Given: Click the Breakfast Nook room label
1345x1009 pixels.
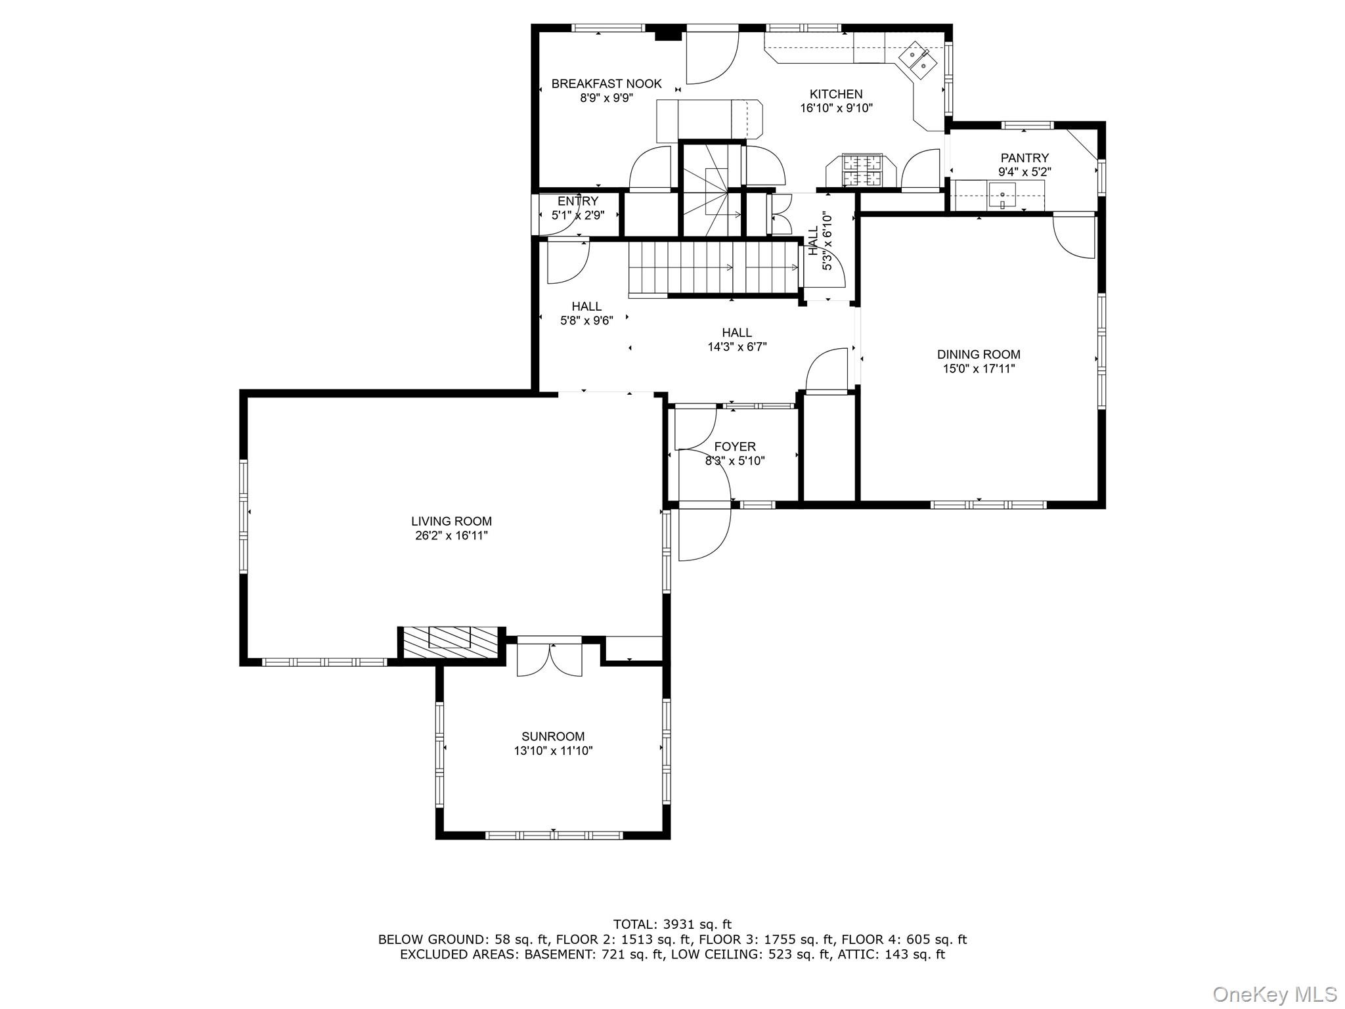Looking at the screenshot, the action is click(606, 84).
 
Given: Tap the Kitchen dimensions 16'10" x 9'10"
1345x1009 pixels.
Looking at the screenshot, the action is click(836, 108).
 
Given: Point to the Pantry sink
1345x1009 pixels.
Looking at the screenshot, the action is click(1002, 196).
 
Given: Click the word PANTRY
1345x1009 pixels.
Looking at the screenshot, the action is click(1025, 158).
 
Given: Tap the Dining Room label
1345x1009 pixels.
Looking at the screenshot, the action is click(979, 355).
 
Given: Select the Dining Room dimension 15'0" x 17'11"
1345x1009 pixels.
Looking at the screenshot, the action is click(979, 369).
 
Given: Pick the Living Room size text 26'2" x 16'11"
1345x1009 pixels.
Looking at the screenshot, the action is click(451, 536).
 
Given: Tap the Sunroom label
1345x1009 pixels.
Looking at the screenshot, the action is click(553, 737).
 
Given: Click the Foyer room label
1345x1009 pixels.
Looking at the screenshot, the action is click(735, 447).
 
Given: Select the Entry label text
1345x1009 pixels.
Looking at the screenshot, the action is click(578, 201).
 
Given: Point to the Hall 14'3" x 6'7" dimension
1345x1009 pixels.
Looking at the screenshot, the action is click(737, 347).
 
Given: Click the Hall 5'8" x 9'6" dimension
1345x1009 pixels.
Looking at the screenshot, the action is click(586, 321).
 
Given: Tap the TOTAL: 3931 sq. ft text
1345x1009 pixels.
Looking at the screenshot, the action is click(672, 925).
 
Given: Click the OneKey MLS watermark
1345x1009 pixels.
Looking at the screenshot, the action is click(1274, 994).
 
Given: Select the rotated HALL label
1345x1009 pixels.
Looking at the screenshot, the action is click(813, 241).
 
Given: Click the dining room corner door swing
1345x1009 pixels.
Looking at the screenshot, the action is click(1074, 236).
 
